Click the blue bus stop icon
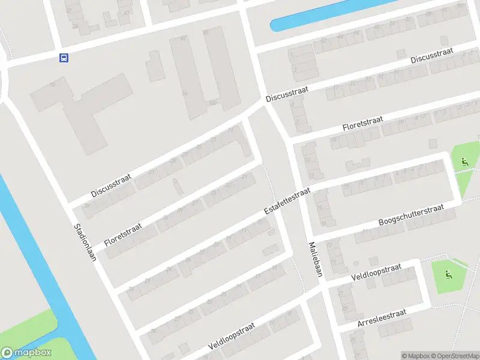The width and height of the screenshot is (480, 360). pos(63,58)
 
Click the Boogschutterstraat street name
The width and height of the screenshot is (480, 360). pos(411,216)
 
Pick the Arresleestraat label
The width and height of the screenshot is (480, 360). pos(382,319)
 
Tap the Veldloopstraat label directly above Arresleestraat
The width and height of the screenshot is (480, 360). pos(376,274)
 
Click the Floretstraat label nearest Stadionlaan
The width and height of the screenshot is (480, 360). pos(123,234)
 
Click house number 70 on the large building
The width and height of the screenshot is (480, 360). pos(53,85)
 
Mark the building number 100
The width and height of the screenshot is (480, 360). pos(212,103)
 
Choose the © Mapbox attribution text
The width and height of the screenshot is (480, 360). pos(416,356)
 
